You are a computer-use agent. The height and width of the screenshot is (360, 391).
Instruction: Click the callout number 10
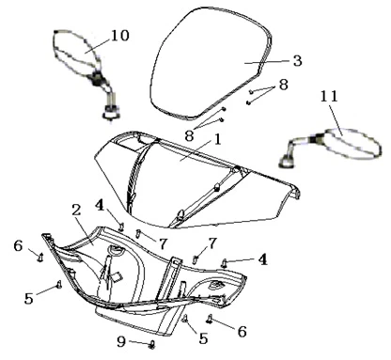120,36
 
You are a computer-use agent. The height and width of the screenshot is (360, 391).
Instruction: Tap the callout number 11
329,96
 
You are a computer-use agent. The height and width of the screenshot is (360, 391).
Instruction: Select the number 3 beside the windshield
298,60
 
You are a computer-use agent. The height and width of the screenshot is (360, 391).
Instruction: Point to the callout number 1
218,139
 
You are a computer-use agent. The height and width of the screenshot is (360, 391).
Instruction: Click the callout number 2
76,211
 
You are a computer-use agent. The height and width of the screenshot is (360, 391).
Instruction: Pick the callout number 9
121,341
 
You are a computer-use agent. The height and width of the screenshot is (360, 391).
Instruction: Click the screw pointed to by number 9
152,345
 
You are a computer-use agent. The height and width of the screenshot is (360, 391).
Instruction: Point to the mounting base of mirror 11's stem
287,161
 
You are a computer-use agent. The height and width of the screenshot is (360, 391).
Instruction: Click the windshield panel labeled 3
211,63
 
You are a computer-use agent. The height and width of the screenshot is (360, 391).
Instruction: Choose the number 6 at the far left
18,246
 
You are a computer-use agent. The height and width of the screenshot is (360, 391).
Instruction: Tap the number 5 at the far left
29,299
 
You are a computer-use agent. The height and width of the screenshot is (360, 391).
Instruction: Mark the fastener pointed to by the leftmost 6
40,258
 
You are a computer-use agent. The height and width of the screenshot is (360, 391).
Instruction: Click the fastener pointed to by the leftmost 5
58,285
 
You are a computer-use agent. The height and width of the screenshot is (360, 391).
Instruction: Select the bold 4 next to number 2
101,206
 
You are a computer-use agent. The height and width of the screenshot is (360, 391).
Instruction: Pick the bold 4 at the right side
262,259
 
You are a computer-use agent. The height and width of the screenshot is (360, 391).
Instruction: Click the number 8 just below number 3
284,85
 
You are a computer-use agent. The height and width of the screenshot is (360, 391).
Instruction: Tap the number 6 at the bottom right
242,332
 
